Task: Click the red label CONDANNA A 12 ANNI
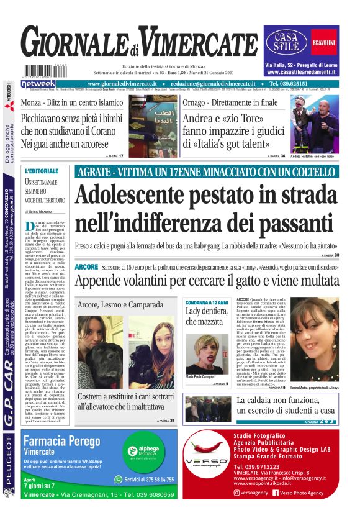coord(206,301)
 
